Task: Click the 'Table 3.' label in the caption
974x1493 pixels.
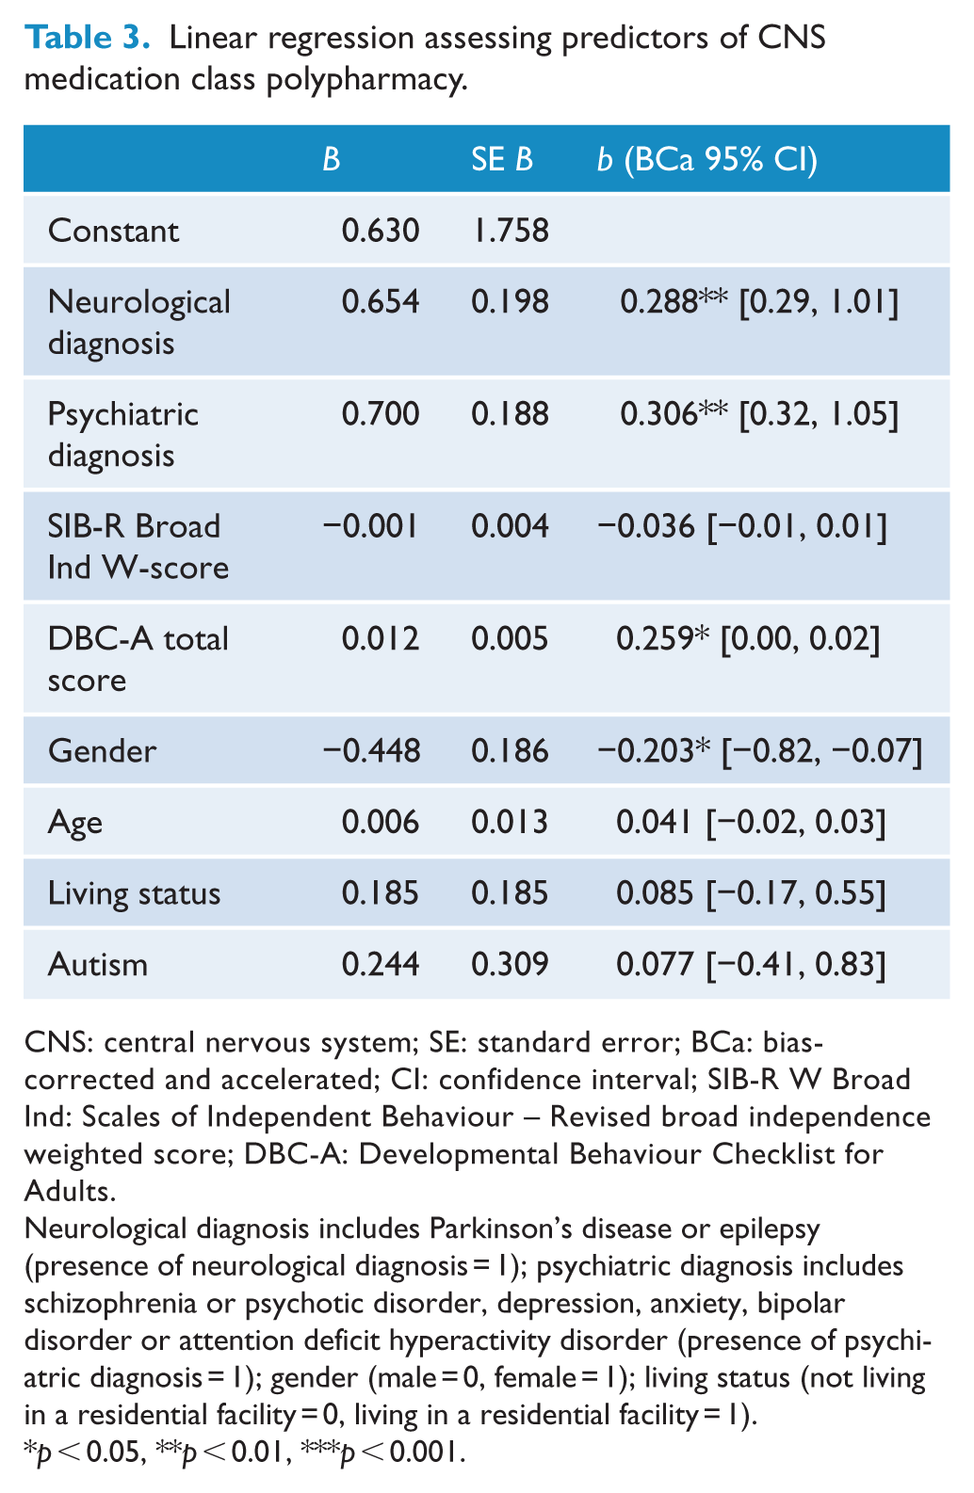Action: [87, 38]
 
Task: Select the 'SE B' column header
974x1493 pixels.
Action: [502, 159]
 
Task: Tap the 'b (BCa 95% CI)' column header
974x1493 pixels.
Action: [706, 160]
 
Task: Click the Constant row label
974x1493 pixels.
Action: [113, 231]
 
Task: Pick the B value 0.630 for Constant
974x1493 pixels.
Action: [381, 231]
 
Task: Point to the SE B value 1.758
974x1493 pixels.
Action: [511, 231]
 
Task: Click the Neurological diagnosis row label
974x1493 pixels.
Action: [138, 323]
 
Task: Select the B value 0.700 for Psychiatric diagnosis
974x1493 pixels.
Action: [381, 413]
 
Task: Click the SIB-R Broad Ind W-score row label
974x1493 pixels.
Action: [138, 547]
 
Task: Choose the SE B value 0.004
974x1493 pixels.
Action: [510, 526]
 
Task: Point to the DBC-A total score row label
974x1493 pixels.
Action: [138, 659]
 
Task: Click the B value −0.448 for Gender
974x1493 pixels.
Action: [371, 750]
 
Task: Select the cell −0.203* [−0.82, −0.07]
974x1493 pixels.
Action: [760, 751]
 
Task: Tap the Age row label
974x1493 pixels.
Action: [75, 823]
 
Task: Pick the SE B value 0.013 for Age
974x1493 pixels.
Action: [510, 822]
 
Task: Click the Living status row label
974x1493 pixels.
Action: [134, 893]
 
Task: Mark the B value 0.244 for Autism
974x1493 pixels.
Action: [381, 965]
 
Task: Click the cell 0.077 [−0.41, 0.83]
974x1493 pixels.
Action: [751, 965]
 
